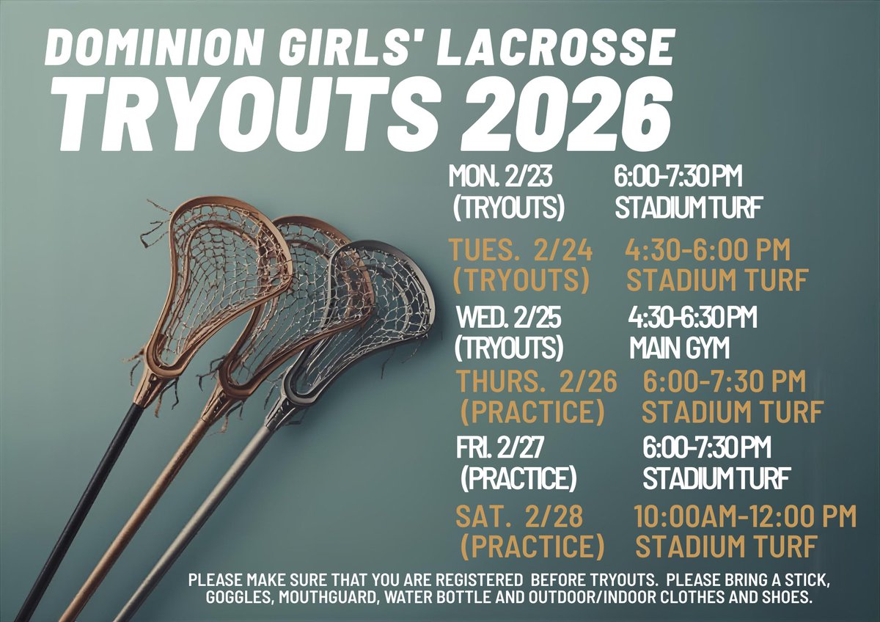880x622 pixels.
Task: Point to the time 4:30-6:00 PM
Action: point(708,251)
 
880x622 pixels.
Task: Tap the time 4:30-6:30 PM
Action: point(693,319)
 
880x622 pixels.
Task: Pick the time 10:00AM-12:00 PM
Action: point(744,516)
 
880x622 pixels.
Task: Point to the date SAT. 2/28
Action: point(519,516)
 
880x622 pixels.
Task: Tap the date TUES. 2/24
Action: point(521,251)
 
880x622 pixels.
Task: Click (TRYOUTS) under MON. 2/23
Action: point(509,208)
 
